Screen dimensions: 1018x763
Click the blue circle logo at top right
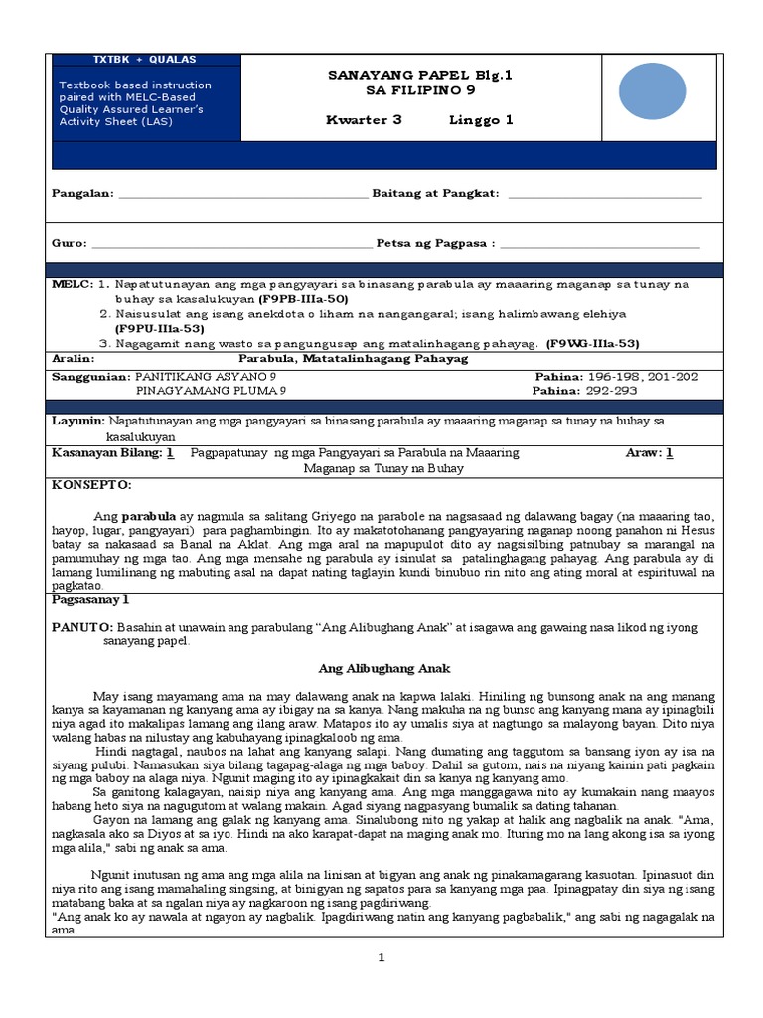tap(652, 90)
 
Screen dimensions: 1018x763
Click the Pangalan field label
tap(82, 193)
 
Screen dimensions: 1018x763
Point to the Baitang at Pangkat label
tap(434, 193)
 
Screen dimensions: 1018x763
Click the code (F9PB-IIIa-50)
tap(303, 299)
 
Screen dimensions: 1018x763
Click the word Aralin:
tap(73, 358)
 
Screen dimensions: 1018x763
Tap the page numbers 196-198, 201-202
tap(644, 378)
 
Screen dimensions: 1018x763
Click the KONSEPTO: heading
tap(90, 485)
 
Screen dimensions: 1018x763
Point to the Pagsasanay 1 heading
tap(90, 600)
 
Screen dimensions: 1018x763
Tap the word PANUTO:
tap(82, 628)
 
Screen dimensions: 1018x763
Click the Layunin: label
tap(78, 422)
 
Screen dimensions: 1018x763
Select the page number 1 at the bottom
tap(380, 957)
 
